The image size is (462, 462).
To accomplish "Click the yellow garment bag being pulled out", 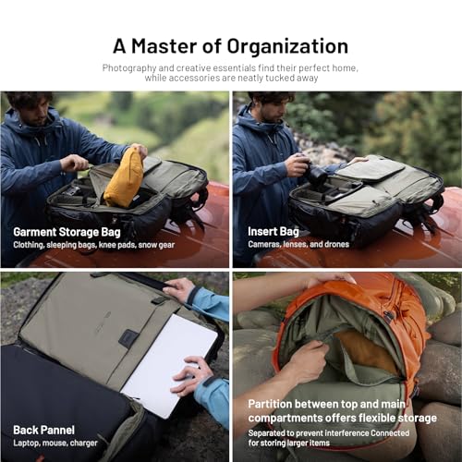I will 123,177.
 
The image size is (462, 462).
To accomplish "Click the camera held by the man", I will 314,173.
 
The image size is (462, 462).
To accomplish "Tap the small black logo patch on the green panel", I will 129,338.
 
